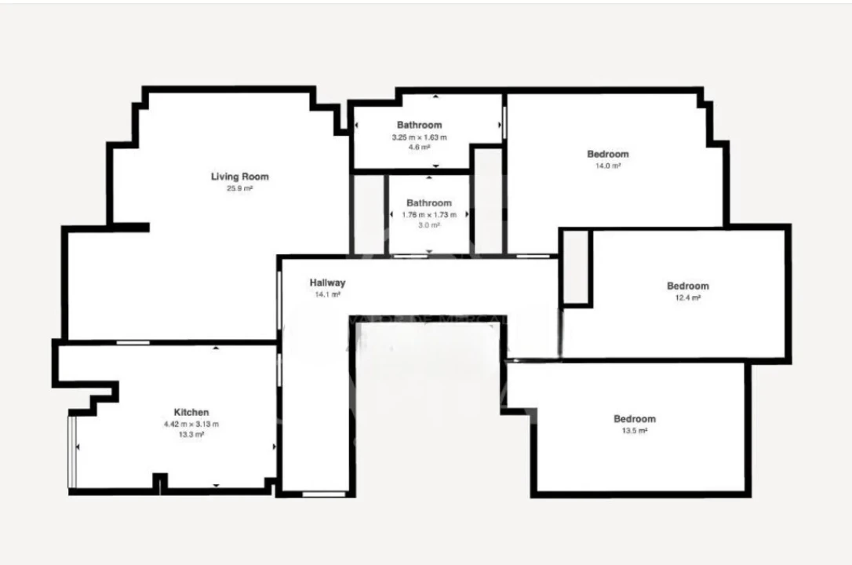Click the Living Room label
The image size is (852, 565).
click(x=239, y=177)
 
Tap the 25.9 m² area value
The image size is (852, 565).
click(x=239, y=188)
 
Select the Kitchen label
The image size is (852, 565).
click(x=191, y=412)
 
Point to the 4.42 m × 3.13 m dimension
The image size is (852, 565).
click(x=191, y=424)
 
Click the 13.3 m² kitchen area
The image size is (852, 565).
click(x=191, y=434)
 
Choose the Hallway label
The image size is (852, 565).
click(x=327, y=283)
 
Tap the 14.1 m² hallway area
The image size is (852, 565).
click(x=327, y=295)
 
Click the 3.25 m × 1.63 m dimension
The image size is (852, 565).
click(x=419, y=137)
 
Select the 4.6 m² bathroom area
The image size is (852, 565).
click(x=419, y=147)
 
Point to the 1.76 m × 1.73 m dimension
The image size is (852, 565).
click(x=428, y=215)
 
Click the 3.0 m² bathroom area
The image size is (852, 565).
click(x=428, y=224)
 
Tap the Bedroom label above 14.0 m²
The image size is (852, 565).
click(x=608, y=154)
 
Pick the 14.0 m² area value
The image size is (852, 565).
click(x=608, y=166)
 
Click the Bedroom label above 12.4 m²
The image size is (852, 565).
click(x=687, y=286)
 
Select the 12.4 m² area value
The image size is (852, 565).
click(x=687, y=297)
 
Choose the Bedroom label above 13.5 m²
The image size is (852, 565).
click(x=634, y=419)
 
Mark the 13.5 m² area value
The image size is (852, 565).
click(x=634, y=431)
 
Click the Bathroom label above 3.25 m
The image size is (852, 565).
click(x=419, y=125)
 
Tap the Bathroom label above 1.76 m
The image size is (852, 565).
click(x=428, y=203)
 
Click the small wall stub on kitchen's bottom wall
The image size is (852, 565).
click(x=160, y=482)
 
